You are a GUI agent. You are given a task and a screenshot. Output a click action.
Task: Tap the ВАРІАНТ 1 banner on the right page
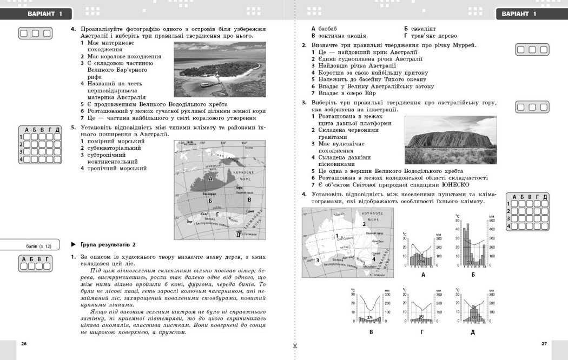(519, 14)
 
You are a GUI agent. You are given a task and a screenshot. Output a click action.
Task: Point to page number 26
(23, 343)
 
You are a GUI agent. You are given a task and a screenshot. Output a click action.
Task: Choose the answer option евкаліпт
(423, 28)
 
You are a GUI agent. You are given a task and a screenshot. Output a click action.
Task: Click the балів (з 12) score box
(35, 246)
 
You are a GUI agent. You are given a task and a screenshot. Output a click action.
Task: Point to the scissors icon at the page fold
(295, 346)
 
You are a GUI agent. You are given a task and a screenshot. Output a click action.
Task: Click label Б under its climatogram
(473, 275)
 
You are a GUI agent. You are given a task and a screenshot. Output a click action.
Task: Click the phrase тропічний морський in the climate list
(117, 169)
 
